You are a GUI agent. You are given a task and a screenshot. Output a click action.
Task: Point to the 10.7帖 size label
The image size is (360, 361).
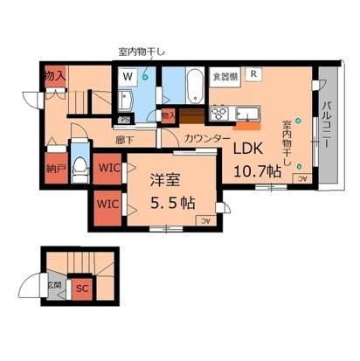(x=257, y=170)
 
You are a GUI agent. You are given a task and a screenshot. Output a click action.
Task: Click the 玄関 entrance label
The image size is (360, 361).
(x=54, y=285)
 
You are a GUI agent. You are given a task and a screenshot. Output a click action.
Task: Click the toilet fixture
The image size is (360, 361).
(x=80, y=163)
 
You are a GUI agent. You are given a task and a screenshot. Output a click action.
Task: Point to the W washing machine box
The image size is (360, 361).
(x=128, y=77)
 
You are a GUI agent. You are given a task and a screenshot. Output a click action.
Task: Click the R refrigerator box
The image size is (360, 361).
(x=253, y=75)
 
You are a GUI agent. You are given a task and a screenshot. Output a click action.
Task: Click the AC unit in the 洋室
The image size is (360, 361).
(x=205, y=220)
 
